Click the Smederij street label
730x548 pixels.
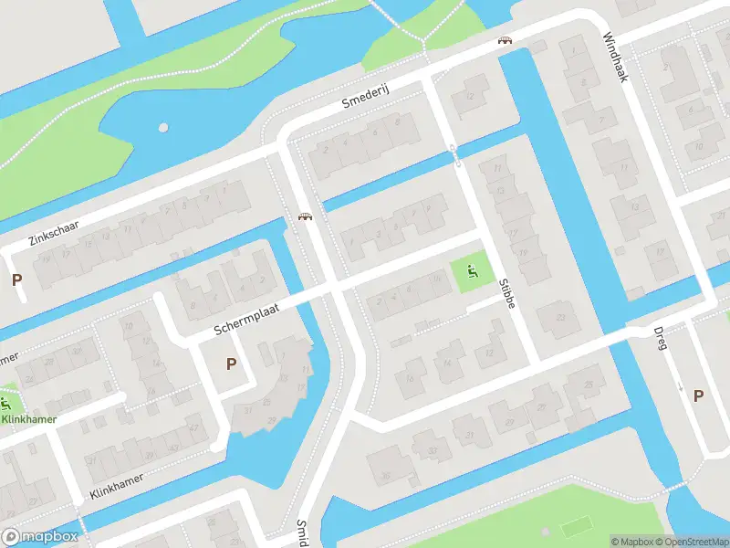coord(365,101)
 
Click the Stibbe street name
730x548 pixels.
coord(507,293)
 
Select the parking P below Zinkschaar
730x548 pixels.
coord(16,279)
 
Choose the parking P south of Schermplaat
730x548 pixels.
coord(231,364)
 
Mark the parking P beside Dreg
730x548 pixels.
coord(698,395)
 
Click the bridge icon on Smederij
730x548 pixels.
coord(505,40)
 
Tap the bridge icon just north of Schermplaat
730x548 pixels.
coord(307,216)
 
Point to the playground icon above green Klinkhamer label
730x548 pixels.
coord(5,402)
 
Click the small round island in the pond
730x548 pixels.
coord(163,128)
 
